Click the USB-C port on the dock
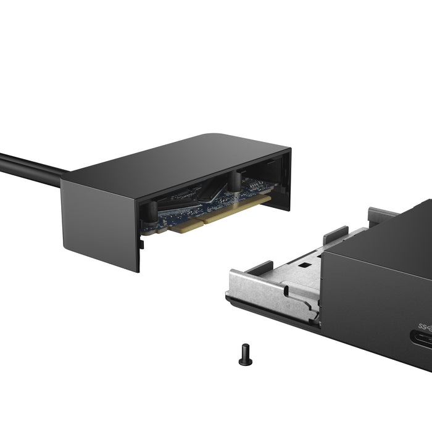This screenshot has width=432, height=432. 425,343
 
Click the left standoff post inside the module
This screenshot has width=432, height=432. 148,213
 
